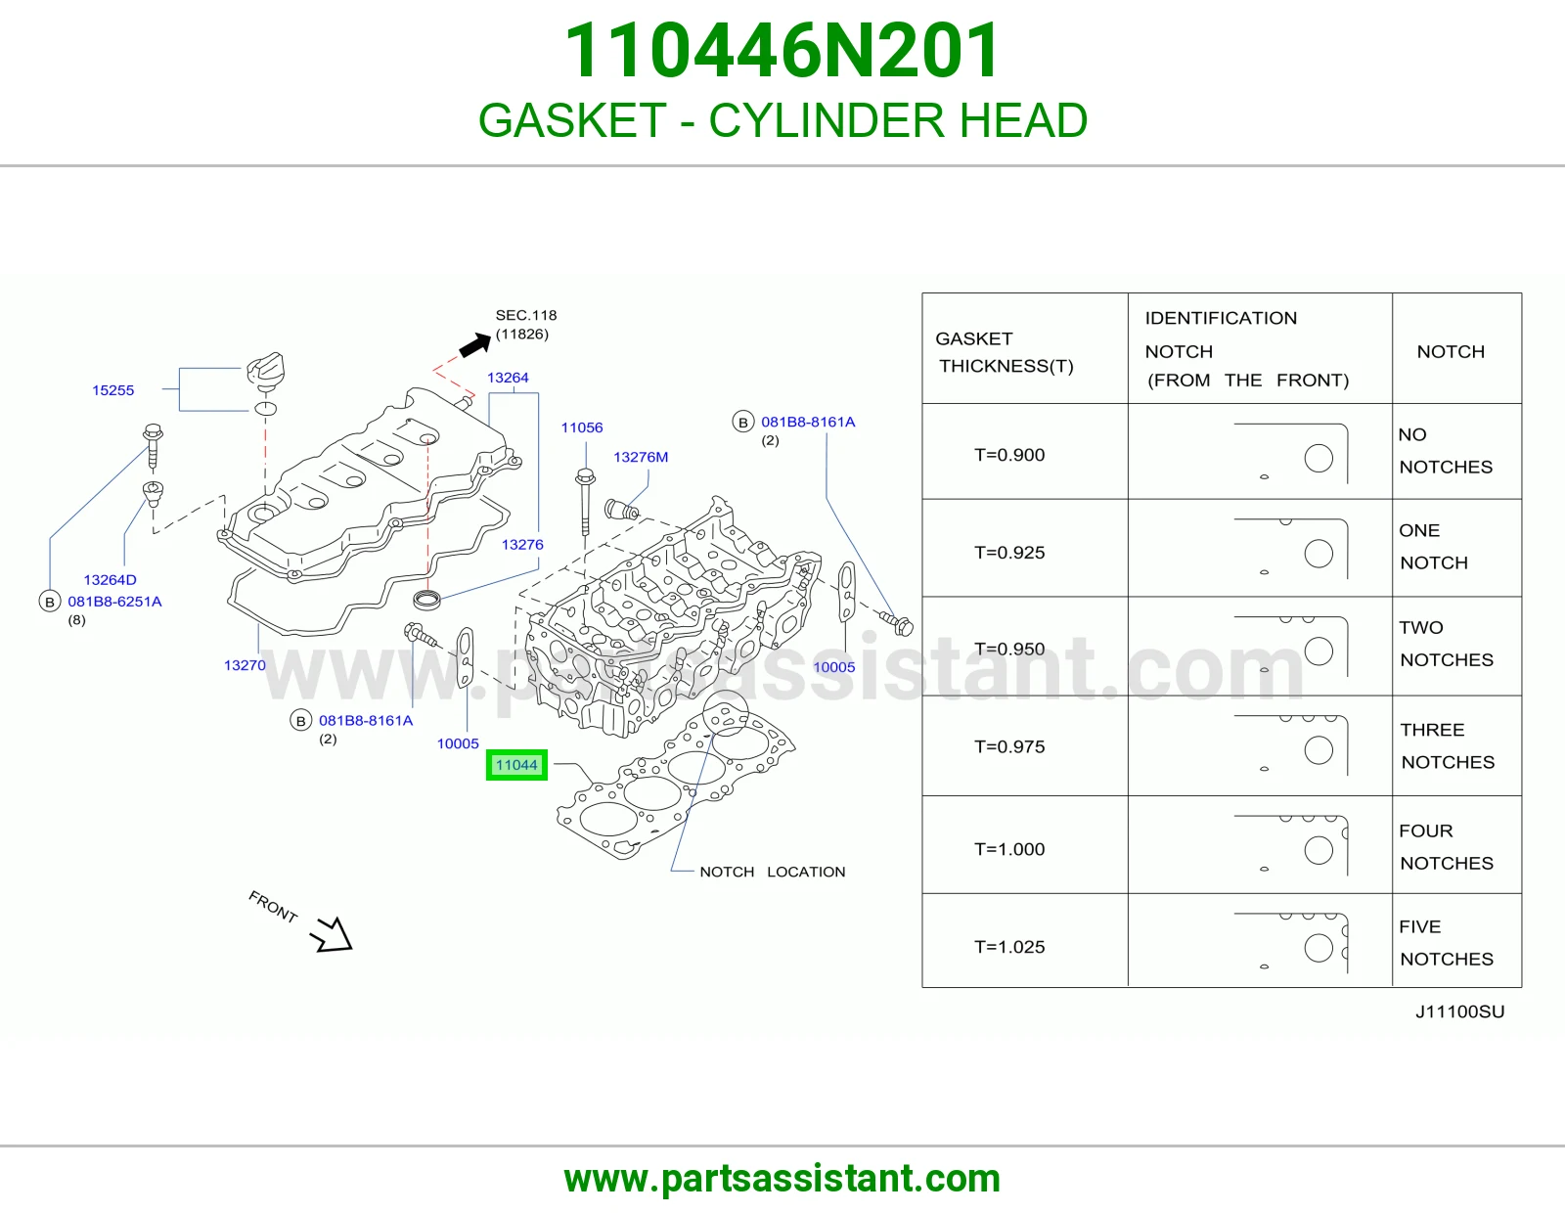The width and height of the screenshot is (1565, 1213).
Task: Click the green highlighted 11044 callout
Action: point(516,764)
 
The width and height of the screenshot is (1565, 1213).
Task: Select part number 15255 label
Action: point(113,389)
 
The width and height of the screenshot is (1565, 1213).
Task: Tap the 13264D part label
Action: point(110,579)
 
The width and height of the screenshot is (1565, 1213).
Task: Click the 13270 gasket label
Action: point(245,665)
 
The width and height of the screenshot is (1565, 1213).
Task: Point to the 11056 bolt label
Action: point(582,427)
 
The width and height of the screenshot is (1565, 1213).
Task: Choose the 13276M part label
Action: point(641,457)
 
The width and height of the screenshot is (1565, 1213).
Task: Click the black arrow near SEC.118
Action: point(475,345)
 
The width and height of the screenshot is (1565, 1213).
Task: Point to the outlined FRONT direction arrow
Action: point(332,935)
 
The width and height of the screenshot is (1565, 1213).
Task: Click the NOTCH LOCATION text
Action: point(772,872)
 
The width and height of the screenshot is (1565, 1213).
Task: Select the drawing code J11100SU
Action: point(1459,1011)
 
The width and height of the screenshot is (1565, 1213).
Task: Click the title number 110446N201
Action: point(782,51)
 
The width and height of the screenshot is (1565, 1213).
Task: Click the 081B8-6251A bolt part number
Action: point(114,602)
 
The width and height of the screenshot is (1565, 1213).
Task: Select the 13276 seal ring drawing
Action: point(426,600)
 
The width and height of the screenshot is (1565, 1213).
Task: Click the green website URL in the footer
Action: point(782,1179)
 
